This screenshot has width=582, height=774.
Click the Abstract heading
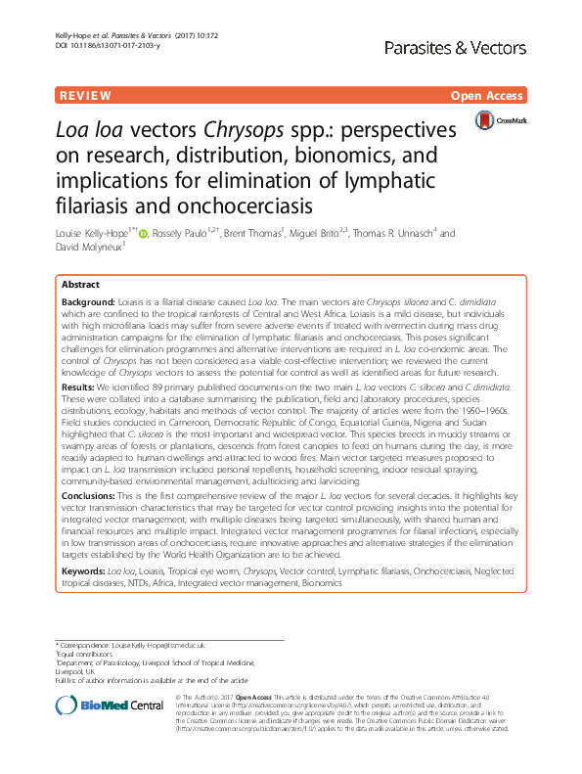(x=81, y=282)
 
